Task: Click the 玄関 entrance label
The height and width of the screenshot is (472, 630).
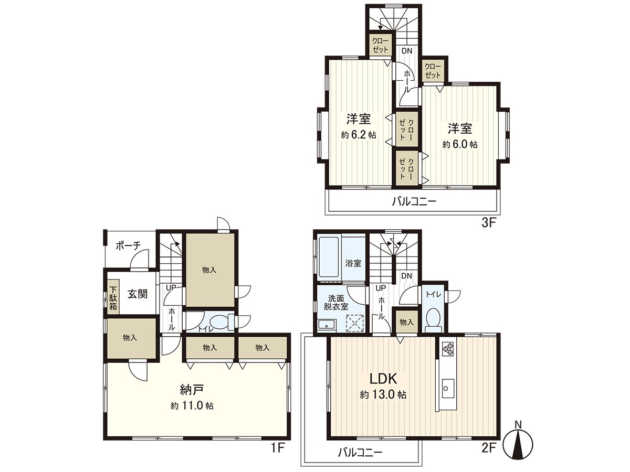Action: pos(138,294)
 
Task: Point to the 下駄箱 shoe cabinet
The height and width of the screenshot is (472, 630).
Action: pos(113,297)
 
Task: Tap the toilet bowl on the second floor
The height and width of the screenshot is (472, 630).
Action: pos(434,318)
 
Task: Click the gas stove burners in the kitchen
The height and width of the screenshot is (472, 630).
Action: pos(448,349)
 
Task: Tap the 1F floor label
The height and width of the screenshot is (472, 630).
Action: pos(278,449)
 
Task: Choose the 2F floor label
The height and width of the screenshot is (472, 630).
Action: pos(488,449)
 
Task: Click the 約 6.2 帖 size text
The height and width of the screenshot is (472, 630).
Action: pos(359,135)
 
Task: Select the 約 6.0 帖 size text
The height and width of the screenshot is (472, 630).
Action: pos(460,144)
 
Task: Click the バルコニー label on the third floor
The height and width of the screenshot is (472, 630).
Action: pos(414,201)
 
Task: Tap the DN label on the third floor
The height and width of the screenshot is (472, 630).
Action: pos(407,51)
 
